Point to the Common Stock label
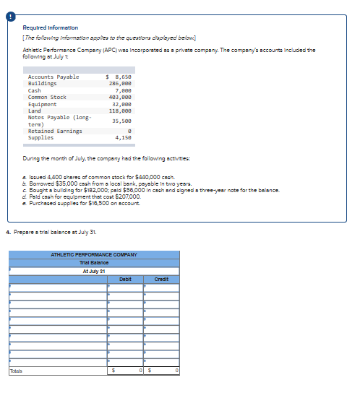[x=47, y=97]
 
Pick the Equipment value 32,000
[x=120, y=104]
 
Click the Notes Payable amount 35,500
[x=120, y=121]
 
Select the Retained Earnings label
[x=55, y=131]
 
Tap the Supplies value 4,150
[x=121, y=137]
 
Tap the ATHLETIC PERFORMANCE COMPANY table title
[x=93, y=255]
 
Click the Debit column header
[x=124, y=278]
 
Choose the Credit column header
[x=160, y=278]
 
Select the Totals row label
[x=16, y=371]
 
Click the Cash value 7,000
[x=121, y=90]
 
